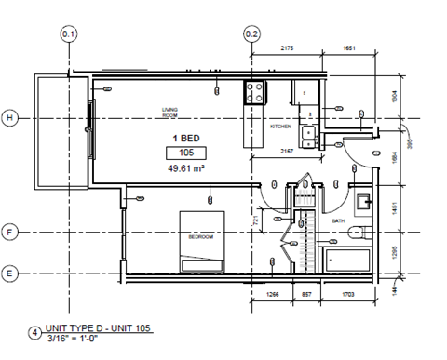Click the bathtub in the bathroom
click(347, 260)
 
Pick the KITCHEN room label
click(282, 126)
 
